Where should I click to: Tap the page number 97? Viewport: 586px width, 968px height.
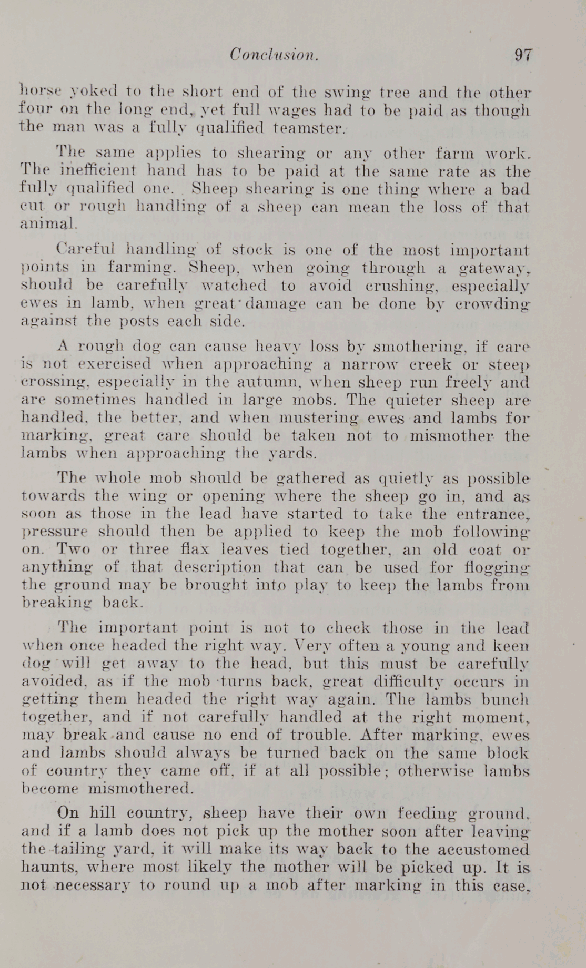(x=523, y=55)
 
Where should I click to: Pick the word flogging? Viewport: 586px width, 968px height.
(x=500, y=568)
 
